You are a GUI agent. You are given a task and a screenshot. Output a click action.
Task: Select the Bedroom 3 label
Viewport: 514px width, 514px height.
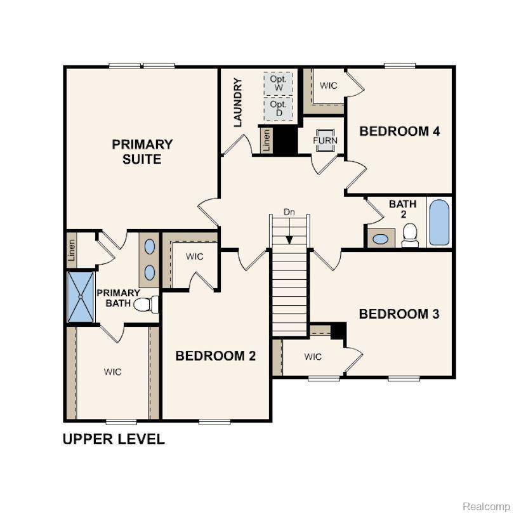click(399, 314)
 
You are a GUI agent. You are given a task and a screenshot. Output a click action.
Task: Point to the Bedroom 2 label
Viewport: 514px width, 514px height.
click(216, 356)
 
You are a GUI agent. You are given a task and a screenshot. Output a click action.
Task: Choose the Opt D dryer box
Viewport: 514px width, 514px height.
click(278, 108)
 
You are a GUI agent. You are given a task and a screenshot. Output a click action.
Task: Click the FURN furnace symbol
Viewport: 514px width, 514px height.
click(326, 140)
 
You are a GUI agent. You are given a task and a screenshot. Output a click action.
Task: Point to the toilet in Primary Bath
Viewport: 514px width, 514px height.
click(146, 305)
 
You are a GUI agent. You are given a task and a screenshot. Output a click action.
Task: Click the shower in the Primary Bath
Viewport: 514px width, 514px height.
click(81, 296)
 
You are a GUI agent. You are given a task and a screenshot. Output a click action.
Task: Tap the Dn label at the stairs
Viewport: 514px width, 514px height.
click(289, 213)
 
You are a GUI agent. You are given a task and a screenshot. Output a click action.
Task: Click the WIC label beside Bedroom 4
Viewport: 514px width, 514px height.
click(328, 86)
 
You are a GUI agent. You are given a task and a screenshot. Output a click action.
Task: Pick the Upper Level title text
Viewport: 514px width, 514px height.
click(114, 438)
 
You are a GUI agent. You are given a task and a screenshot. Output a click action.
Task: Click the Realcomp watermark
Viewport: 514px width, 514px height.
click(485, 506)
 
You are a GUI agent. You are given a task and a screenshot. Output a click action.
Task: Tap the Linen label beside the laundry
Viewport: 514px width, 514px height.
click(267, 140)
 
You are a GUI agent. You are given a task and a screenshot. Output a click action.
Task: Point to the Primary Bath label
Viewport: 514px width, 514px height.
click(118, 298)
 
